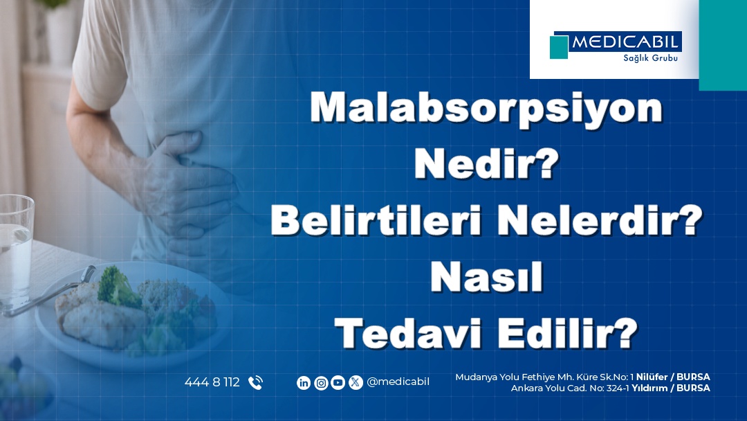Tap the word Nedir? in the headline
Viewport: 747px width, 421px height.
pos(486,163)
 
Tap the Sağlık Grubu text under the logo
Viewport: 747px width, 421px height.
pos(650,58)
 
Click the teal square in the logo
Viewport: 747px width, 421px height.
pos(559,47)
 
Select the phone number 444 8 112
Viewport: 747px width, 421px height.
pos(212,382)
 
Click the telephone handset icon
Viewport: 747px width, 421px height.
pos(255,382)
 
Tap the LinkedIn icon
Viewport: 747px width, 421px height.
pos(304,382)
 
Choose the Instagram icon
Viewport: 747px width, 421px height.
pos(321,382)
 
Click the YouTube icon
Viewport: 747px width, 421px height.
pos(338,382)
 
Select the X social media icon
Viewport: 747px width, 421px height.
pos(356,382)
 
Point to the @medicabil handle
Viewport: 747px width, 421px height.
pos(398,382)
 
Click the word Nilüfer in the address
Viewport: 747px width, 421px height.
pos(652,377)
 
